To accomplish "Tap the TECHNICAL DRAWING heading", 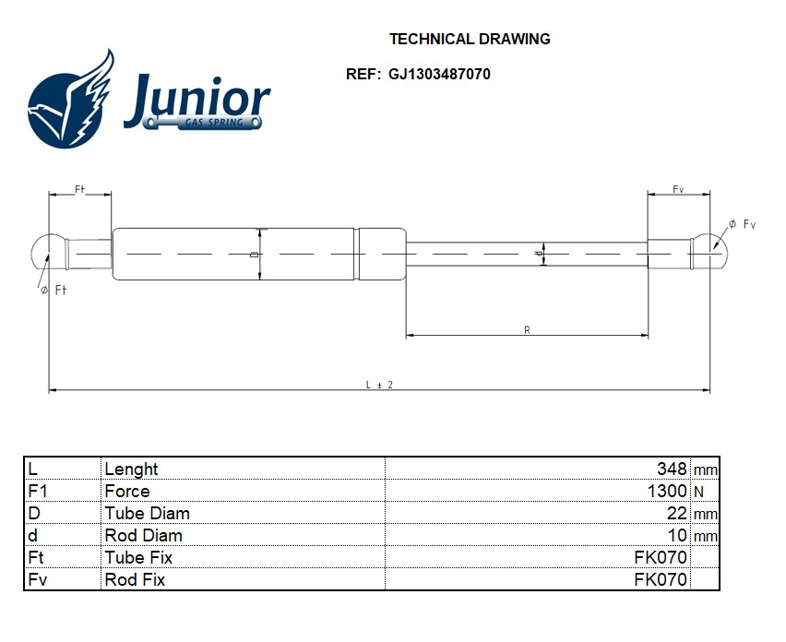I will click(470, 39).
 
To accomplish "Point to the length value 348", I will click(672, 470).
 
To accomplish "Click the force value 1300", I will click(667, 492).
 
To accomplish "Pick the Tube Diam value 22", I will click(677, 514).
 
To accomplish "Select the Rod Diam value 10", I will click(677, 536).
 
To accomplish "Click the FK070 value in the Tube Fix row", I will click(661, 558).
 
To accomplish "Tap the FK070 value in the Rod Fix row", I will click(661, 580).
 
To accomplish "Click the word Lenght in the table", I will click(131, 470).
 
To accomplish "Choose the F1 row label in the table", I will click(38, 492).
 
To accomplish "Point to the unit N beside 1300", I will click(698, 493).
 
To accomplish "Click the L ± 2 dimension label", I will click(379, 385).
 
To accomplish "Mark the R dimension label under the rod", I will click(527, 329).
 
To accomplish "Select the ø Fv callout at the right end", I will click(742, 224).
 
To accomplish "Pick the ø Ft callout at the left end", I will click(54, 290).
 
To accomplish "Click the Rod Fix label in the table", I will click(135, 580).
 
